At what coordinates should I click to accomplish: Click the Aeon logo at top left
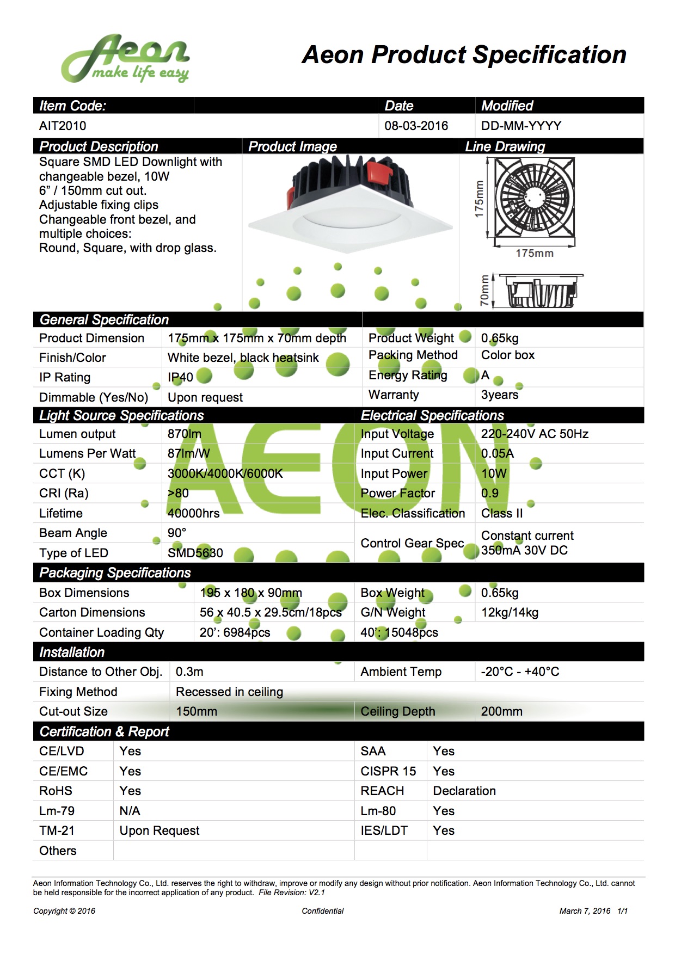click(x=125, y=59)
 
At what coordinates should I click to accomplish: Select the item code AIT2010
click(x=63, y=126)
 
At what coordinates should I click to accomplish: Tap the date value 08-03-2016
click(x=416, y=126)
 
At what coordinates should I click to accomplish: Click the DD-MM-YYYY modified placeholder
click(x=521, y=126)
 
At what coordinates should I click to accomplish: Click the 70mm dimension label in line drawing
click(x=484, y=291)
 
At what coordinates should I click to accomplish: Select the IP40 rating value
click(x=180, y=377)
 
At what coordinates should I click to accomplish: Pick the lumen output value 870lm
click(x=184, y=434)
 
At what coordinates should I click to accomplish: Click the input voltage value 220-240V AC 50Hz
click(x=535, y=434)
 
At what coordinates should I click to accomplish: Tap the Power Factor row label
click(x=397, y=493)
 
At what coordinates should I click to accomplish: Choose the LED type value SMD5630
click(x=195, y=553)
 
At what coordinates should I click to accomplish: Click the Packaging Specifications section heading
click(x=115, y=573)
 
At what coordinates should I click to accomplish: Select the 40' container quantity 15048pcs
click(x=399, y=632)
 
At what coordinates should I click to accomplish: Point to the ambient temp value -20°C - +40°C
click(x=520, y=672)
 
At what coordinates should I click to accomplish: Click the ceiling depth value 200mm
click(x=501, y=711)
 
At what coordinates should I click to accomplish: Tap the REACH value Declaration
click(x=464, y=791)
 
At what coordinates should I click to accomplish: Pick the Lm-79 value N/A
click(x=130, y=811)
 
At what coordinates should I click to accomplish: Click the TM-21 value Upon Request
click(x=159, y=830)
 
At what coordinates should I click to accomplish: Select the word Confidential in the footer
click(x=323, y=911)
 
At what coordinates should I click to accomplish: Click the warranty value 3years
click(x=499, y=395)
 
